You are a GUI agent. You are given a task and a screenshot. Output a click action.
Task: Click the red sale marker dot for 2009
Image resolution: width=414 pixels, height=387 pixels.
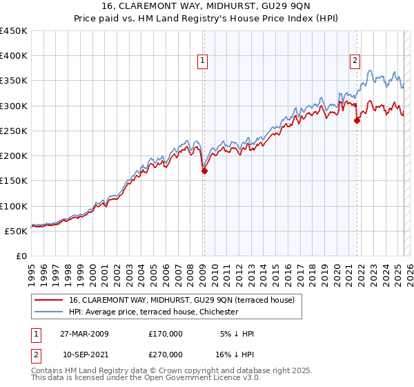pos(204,171)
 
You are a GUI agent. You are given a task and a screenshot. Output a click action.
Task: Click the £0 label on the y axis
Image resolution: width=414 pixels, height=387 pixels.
pos(21,256)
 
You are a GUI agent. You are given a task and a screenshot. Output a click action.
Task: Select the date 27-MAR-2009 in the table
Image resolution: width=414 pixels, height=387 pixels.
pos(84,334)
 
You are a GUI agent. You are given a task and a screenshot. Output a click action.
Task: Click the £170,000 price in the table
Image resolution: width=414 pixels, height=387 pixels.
pos(166,334)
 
